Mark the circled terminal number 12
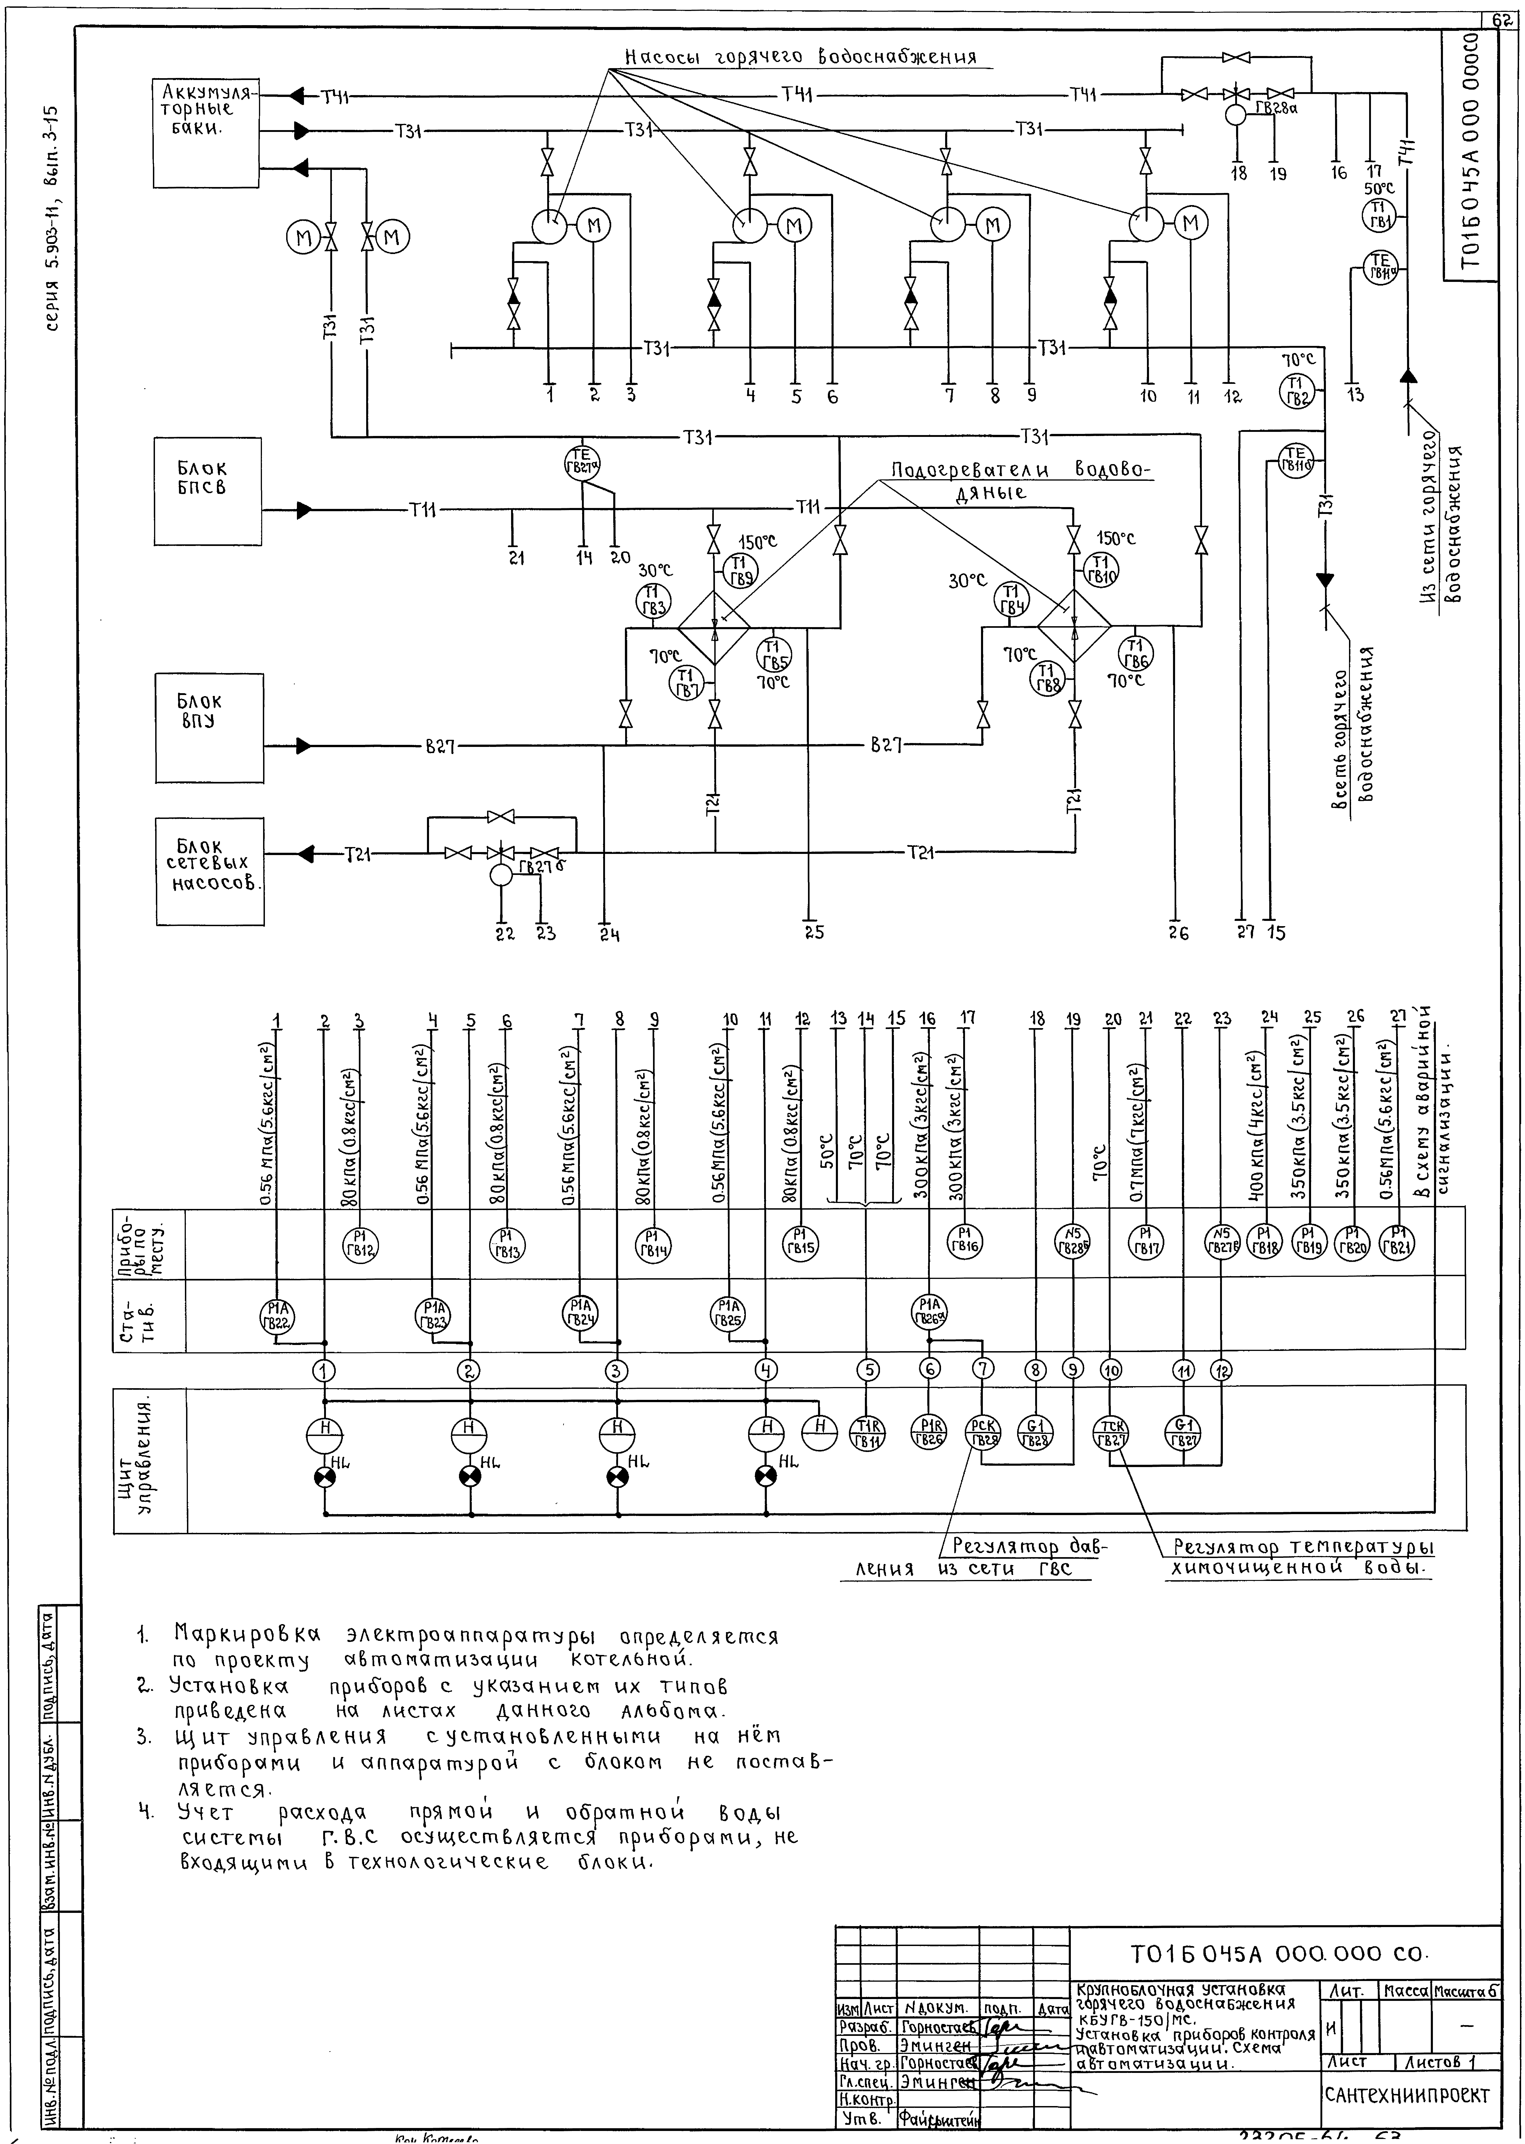1221,1370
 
